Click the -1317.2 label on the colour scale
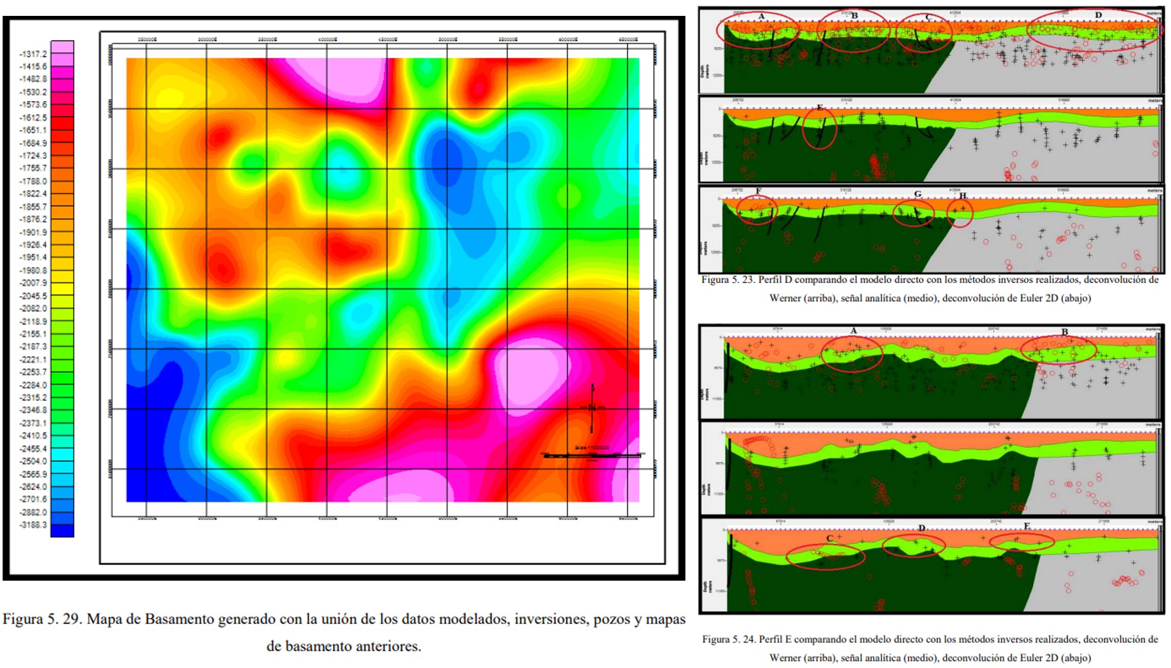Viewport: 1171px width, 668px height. pyautogui.click(x=33, y=54)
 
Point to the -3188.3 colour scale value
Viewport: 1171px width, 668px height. pyautogui.click(x=33, y=525)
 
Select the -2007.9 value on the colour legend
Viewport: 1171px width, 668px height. pyautogui.click(x=33, y=283)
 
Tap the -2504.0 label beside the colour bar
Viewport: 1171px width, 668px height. pyautogui.click(x=33, y=461)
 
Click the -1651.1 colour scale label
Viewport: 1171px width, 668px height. pyautogui.click(x=33, y=130)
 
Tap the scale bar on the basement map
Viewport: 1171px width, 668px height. pyautogui.click(x=592, y=455)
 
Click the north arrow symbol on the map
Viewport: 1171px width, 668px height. pyautogui.click(x=592, y=407)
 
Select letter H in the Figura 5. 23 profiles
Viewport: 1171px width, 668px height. pyautogui.click(x=963, y=196)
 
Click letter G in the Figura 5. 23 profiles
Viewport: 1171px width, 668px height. pyautogui.click(x=918, y=194)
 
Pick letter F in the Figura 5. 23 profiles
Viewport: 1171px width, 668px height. pyautogui.click(x=758, y=191)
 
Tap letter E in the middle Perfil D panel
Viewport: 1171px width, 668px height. pyautogui.click(x=820, y=108)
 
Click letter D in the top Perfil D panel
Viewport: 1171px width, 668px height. pyautogui.click(x=1098, y=15)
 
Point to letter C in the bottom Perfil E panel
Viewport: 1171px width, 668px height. pyautogui.click(x=830, y=539)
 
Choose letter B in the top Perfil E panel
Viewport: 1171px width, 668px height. pyautogui.click(x=1064, y=332)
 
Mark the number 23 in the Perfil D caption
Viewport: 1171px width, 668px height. pyautogui.click(x=748, y=280)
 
